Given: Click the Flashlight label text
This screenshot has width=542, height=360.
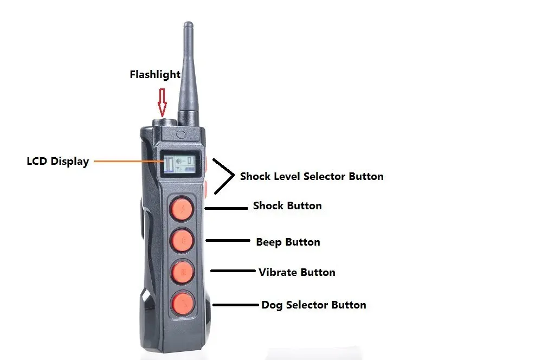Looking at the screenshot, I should [x=155, y=75].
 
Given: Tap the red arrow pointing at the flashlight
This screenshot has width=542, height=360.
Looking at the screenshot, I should [x=162, y=101].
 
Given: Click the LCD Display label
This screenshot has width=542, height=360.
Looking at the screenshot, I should [x=58, y=161].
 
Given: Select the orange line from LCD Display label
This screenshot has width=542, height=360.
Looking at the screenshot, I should [x=127, y=160].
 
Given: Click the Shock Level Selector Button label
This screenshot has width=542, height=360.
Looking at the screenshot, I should [x=312, y=176].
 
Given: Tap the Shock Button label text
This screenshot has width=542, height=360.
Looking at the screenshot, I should [x=287, y=206].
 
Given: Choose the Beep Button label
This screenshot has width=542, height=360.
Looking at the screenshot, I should [x=288, y=242].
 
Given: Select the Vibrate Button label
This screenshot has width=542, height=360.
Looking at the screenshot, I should [x=296, y=272].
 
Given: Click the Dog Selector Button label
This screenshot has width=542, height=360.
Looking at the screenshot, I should [x=313, y=305].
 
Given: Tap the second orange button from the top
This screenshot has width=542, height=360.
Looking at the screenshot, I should [x=180, y=240].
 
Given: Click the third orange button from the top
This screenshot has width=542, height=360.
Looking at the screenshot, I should [x=180, y=272].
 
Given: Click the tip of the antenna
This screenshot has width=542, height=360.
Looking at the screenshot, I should [x=188, y=24].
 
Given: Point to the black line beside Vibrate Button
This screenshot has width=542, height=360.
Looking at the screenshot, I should [x=233, y=271].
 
